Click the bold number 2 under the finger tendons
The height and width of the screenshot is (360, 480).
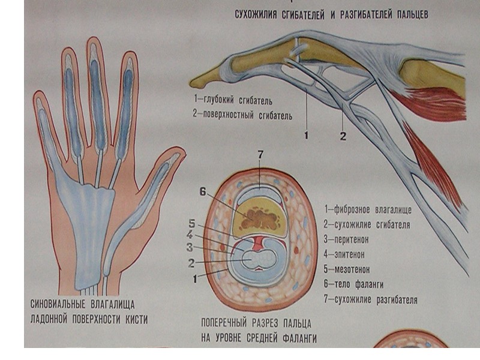(x=343, y=137)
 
